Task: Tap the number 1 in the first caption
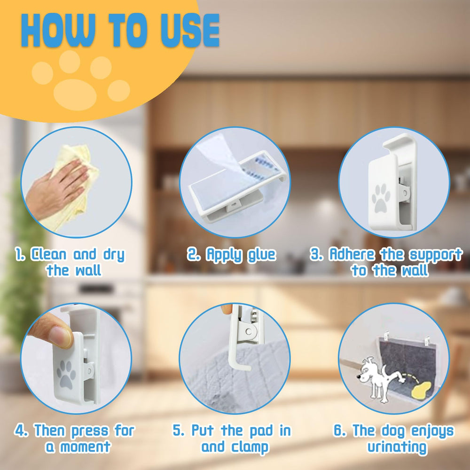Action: click(19, 255)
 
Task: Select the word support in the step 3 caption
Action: click(435, 255)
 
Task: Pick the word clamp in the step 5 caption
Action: click(248, 447)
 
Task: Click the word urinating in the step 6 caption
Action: click(397, 447)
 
